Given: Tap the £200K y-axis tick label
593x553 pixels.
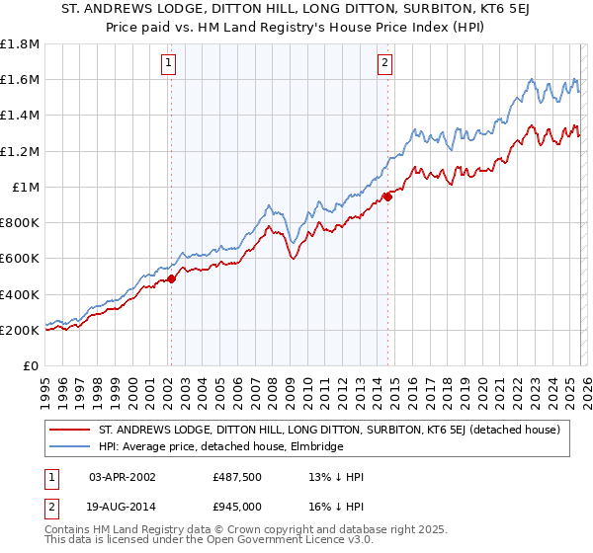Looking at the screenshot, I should click(x=20, y=330).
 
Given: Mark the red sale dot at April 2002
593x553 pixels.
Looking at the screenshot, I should click(x=171, y=278).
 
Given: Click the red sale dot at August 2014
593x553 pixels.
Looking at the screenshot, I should click(x=387, y=197).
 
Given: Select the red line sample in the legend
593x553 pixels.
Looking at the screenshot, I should click(x=70, y=430).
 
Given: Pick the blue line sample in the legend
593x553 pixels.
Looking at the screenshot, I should click(x=70, y=446).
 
